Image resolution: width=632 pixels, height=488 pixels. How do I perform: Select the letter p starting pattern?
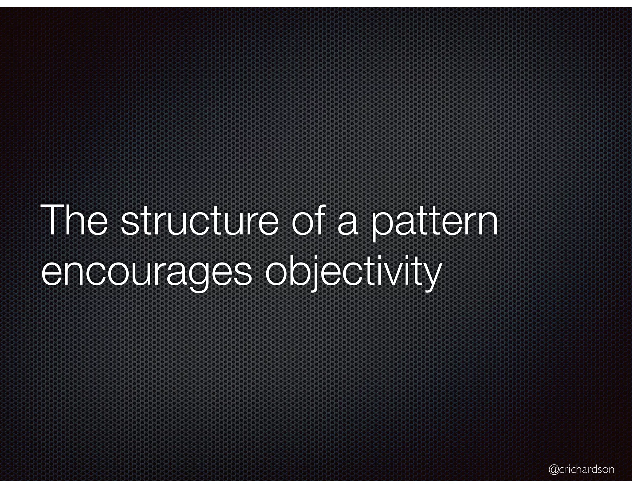(x=381, y=225)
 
